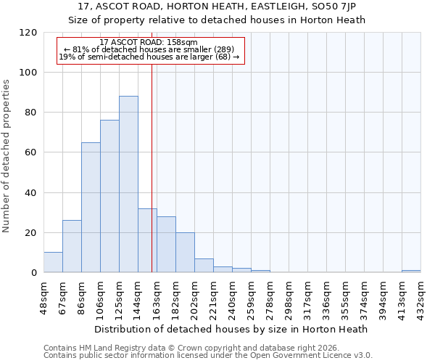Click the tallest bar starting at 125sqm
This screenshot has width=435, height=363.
coord(128,184)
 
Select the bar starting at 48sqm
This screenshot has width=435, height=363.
coord(53,262)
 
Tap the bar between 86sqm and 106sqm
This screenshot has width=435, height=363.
coord(91,208)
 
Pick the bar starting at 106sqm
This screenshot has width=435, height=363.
coord(109,196)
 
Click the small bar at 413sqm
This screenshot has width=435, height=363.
coord(411,272)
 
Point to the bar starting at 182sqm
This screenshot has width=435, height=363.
coord(185,253)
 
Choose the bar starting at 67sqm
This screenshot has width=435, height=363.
coord(72,246)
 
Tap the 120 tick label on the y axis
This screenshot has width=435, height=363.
coord(28,33)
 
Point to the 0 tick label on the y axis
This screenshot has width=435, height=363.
coord(34,273)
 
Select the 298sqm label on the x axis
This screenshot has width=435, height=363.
coord(289,296)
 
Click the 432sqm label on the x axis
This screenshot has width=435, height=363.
coord(420,296)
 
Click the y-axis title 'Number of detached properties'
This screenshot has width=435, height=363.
coord(7,156)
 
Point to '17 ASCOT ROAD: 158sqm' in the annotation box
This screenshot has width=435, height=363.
coord(149,42)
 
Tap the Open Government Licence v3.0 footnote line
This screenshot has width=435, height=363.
coord(208,356)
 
